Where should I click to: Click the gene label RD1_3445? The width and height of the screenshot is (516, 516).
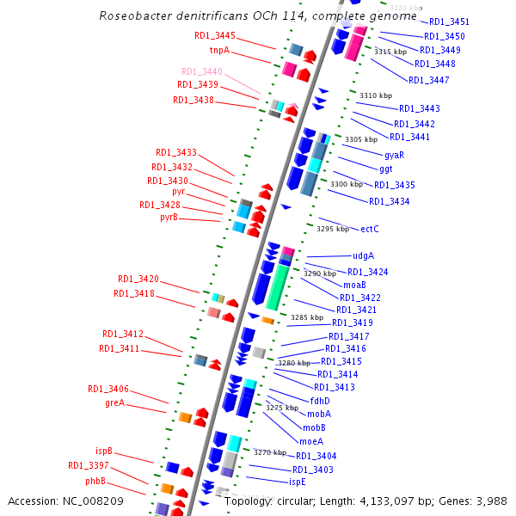click(x=214, y=35)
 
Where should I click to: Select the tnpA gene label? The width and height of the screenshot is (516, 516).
click(x=219, y=50)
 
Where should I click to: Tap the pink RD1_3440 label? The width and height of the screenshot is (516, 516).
click(x=201, y=71)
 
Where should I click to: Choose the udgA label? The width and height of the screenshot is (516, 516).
click(x=363, y=255)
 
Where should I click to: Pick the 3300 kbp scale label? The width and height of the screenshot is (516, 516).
click(x=347, y=184)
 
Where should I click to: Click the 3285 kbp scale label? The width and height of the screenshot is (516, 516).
click(x=306, y=317)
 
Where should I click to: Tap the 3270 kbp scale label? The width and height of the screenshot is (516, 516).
click(x=269, y=452)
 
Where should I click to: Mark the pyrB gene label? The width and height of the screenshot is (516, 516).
click(x=169, y=218)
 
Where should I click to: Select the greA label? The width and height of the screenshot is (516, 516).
click(x=114, y=402)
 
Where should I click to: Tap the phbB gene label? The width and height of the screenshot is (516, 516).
click(x=95, y=481)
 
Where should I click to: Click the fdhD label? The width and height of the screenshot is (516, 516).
click(x=320, y=400)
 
